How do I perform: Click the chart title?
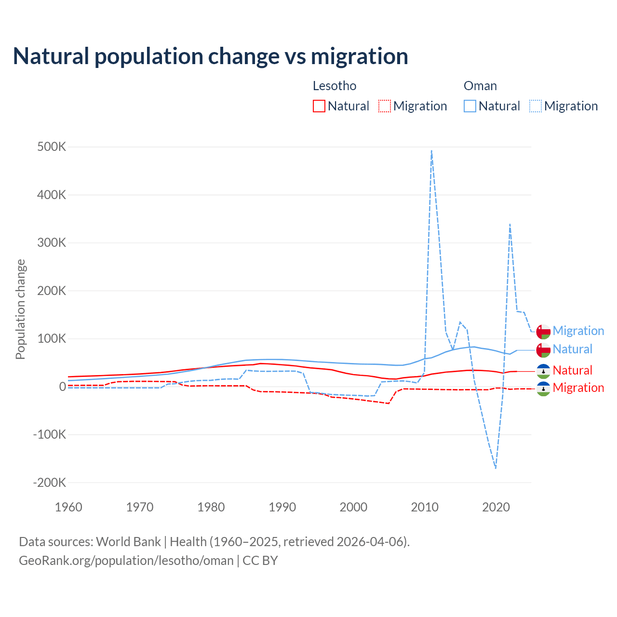211,56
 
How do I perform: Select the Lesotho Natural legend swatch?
319,106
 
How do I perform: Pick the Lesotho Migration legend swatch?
385,106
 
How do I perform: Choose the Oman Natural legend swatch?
470,106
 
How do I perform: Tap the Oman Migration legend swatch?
536,106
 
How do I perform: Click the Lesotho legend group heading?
335,86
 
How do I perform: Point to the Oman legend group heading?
480,86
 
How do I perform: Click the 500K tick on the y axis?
52,147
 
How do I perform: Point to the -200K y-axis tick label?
49,483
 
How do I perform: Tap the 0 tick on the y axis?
63,387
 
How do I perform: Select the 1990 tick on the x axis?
282,507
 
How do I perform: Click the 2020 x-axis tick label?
496,507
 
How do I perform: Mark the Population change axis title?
20,309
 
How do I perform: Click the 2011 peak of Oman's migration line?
431,150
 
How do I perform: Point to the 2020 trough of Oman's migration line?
496,468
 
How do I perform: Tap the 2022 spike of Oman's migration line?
510,224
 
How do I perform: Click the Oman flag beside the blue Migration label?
543,332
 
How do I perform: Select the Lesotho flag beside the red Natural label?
543,371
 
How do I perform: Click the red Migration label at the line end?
578,388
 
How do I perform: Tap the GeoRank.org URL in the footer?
126,561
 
